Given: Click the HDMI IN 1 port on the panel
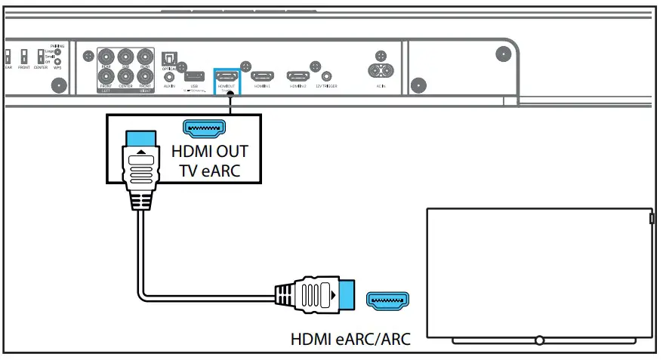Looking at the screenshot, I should [263, 76].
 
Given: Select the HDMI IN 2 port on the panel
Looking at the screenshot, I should [297, 76].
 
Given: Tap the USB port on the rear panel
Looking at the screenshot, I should [193, 76].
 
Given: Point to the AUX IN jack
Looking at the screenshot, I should [169, 75].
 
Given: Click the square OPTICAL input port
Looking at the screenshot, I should [168, 58].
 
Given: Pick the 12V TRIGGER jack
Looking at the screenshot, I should [326, 75].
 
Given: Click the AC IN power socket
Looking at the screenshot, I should [381, 70].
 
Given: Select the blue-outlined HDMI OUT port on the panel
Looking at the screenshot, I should [227, 76].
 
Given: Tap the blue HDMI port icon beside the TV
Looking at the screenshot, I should [388, 300].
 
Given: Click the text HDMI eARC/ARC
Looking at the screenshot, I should [350, 339].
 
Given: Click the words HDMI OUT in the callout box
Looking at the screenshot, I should [211, 150].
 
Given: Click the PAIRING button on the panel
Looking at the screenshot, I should [58, 52].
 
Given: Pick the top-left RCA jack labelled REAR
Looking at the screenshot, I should [106, 57].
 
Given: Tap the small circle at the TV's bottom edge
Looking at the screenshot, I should [538, 341].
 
